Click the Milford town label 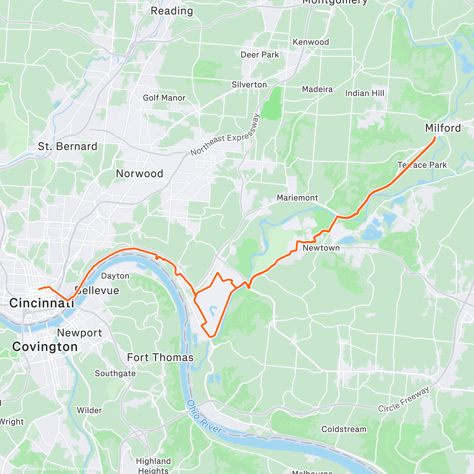click(443, 128)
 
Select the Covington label click(45, 347)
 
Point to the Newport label click(79, 333)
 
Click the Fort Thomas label click(160, 357)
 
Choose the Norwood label click(139, 173)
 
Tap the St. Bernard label click(68, 147)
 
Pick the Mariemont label click(297, 197)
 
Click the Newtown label click(321, 248)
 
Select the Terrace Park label click(422, 165)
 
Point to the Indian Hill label click(365, 93)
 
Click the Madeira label click(317, 89)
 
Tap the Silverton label click(249, 85)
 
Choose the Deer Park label click(260, 55)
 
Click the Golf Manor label click(164, 98)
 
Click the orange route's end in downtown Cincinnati click(39, 289)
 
